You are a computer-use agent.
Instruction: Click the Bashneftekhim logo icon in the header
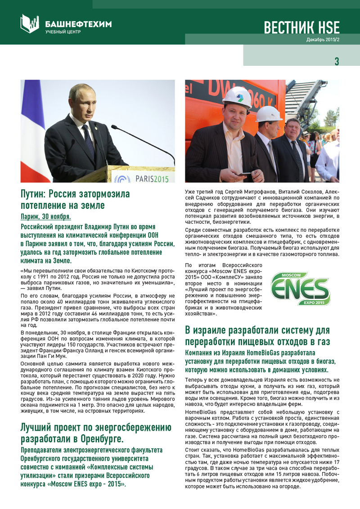(30, 23)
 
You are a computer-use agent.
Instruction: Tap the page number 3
(337, 61)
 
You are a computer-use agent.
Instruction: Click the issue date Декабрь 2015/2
(323, 40)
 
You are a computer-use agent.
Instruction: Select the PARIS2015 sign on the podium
(152, 179)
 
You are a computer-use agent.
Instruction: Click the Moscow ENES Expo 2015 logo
(300, 288)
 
